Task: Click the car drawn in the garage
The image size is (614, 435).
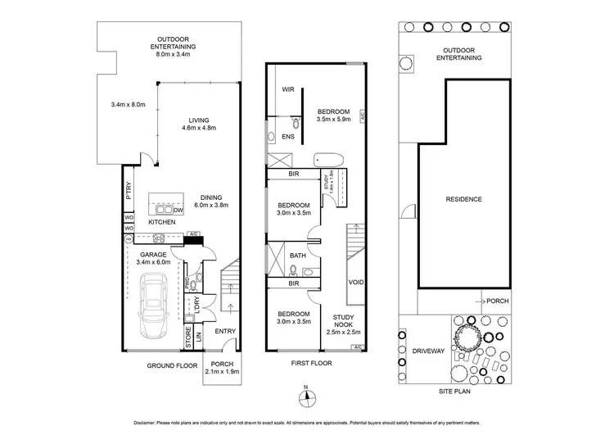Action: click(x=156, y=306)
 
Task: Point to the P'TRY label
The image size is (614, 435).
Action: click(x=129, y=190)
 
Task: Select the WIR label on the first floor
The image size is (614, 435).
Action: click(x=288, y=89)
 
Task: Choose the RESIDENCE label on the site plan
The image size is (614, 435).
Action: click(x=463, y=199)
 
